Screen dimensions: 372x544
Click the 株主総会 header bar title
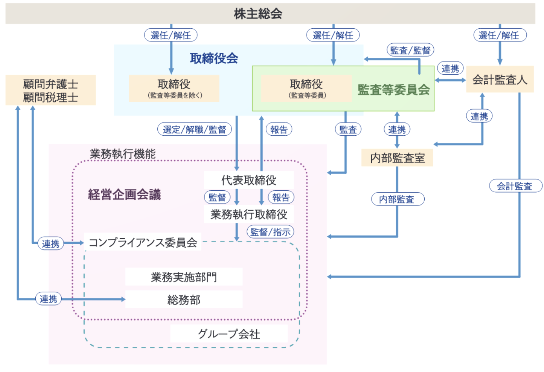pyautogui.click(x=258, y=14)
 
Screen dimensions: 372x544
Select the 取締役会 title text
pyautogui.click(x=214, y=58)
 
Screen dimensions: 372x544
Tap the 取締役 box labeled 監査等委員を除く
pyautogui.click(x=174, y=88)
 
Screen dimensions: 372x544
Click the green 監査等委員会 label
pyautogui.click(x=394, y=90)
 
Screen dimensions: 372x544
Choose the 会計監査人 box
pyautogui.click(x=499, y=80)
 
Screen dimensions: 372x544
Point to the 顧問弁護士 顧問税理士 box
pyautogui.click(x=51, y=90)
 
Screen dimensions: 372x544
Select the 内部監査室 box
pyautogui.click(x=397, y=158)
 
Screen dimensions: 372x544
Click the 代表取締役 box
pyautogui.click(x=249, y=180)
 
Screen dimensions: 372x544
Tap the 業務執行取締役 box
pyautogui.click(x=249, y=214)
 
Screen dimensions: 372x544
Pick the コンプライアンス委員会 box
pyautogui.click(x=143, y=242)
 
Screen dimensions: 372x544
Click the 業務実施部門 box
pyautogui.click(x=184, y=277)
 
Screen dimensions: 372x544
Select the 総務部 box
pyautogui.click(x=184, y=300)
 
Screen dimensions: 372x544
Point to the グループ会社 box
pyautogui.click(x=229, y=334)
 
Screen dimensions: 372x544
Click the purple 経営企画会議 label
pyautogui.click(x=124, y=194)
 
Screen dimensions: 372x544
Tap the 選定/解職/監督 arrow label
pyautogui.click(x=194, y=129)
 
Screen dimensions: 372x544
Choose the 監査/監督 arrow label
pyautogui.click(x=410, y=50)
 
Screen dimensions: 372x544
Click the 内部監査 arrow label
pyautogui.click(x=397, y=199)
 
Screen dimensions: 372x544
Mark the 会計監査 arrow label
pyautogui.click(x=515, y=186)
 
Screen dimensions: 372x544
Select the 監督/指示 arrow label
pyautogui.click(x=270, y=232)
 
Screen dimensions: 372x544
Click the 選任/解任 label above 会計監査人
pyautogui.click(x=499, y=35)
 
